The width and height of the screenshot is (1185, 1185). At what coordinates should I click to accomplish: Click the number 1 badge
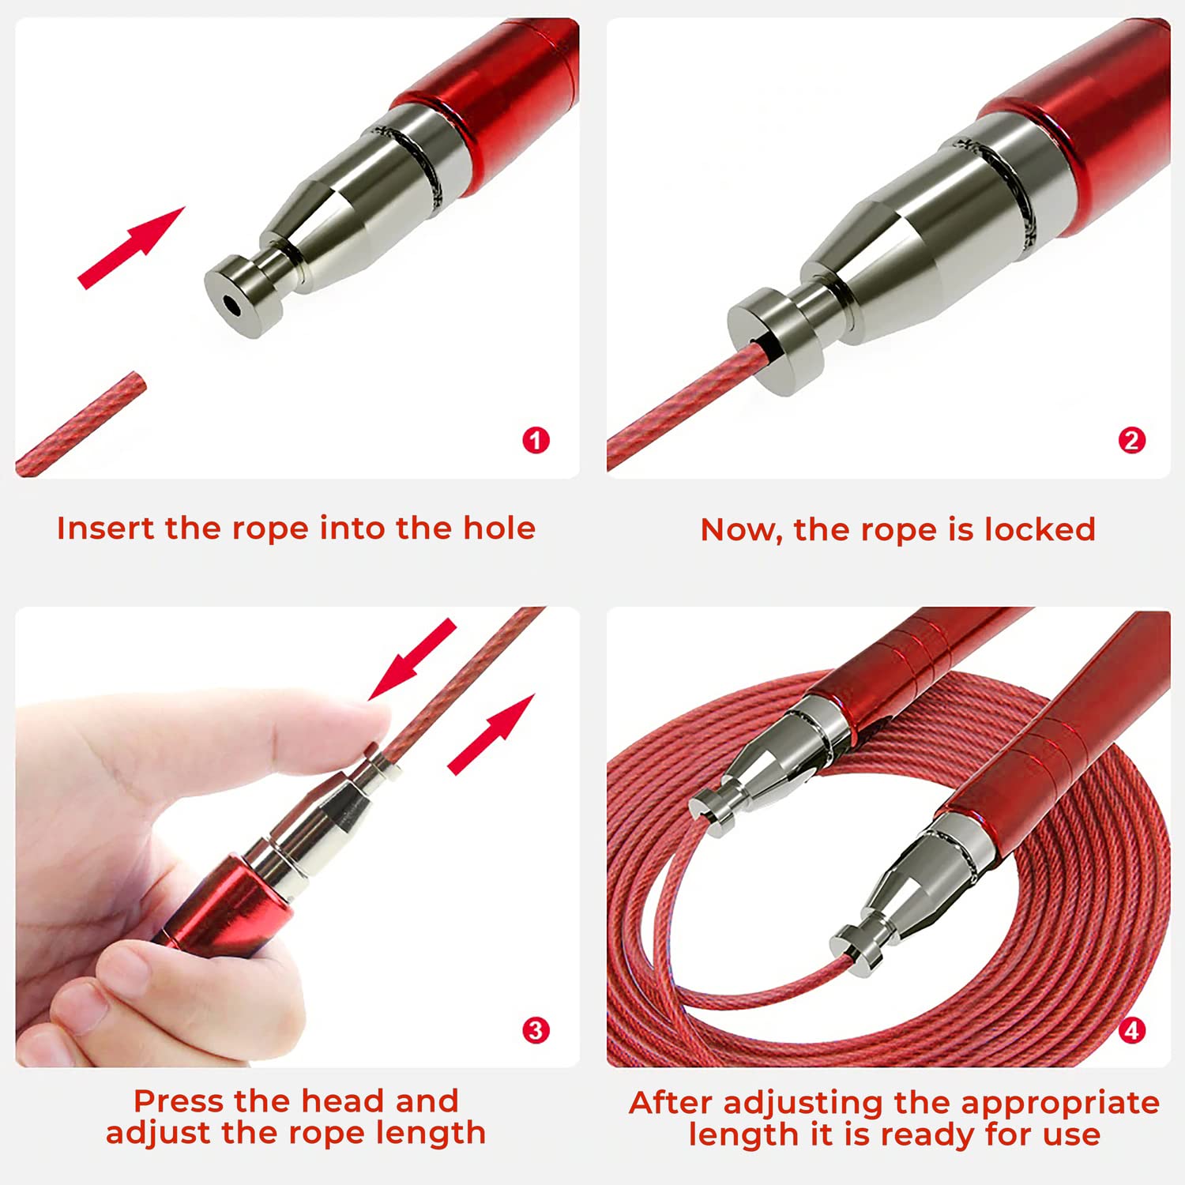tap(536, 440)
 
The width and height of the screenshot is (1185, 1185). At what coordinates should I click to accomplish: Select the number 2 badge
tap(1131, 440)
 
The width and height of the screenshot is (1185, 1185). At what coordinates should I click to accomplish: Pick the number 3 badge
tap(536, 1030)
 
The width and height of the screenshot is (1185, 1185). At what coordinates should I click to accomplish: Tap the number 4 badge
tap(1131, 1030)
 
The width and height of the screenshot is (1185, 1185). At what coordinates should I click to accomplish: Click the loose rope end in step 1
tap(81, 425)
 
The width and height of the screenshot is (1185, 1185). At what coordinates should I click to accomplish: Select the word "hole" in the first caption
tap(499, 528)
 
